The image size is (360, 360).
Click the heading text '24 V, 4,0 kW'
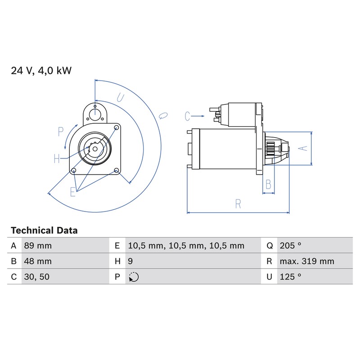tap(41, 71)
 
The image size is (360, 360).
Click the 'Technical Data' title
tap(44, 230)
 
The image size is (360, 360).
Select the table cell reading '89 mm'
tap(38, 246)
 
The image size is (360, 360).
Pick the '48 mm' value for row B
tap(38, 261)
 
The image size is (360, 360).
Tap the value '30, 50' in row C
tap(37, 277)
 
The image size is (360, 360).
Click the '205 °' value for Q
tap(290, 246)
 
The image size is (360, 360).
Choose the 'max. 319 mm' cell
tap(307, 261)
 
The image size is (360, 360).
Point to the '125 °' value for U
tap(290, 277)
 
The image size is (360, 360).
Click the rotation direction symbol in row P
tap(134, 277)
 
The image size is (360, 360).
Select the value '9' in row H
tap(130, 261)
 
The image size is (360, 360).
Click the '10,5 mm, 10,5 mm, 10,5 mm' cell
tap(186, 246)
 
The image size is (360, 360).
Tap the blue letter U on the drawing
tap(121, 98)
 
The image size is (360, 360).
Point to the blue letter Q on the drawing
tap(163, 116)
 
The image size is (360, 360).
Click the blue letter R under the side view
tap(238, 204)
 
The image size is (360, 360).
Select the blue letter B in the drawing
tap(268, 184)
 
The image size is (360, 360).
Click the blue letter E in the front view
tap(73, 192)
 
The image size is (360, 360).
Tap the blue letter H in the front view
tap(57, 159)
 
